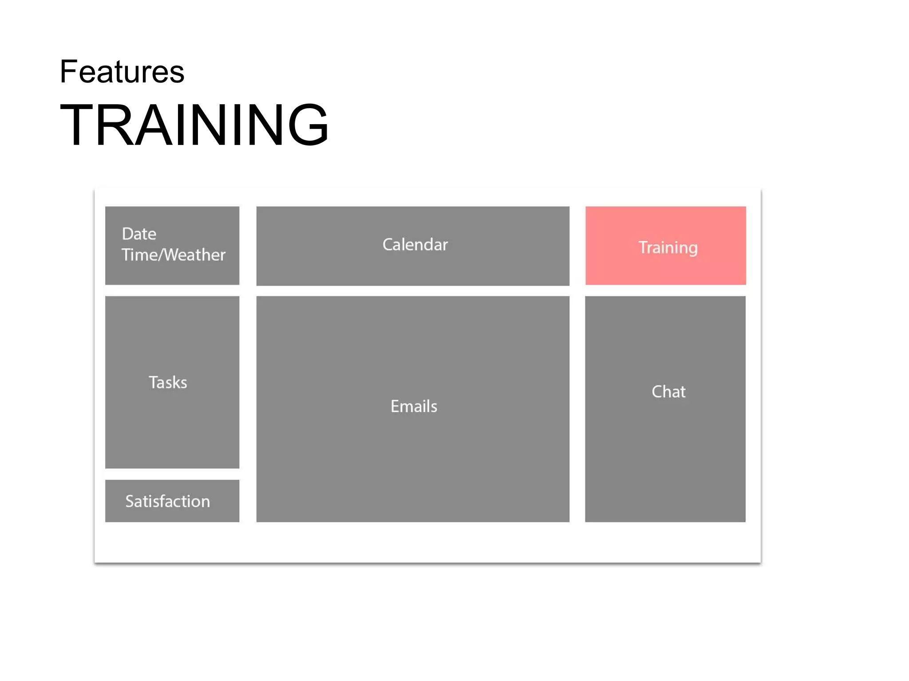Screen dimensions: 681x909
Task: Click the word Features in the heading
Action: click(122, 72)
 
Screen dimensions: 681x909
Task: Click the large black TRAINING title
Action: click(194, 125)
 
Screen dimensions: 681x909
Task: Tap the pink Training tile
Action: click(665, 266)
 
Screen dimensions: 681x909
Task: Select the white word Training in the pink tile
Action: click(668, 247)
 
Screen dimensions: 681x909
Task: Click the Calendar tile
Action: click(413, 266)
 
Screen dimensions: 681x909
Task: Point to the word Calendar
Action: click(415, 245)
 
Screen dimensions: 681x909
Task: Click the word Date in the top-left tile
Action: click(139, 234)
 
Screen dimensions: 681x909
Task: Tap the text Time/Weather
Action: click(174, 255)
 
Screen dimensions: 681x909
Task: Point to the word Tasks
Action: click(168, 383)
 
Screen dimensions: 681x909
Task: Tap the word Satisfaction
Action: click(168, 501)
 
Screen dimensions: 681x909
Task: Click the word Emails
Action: click(414, 406)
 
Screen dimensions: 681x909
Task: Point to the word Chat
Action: click(668, 391)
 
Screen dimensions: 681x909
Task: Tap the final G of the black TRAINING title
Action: click(308, 125)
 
